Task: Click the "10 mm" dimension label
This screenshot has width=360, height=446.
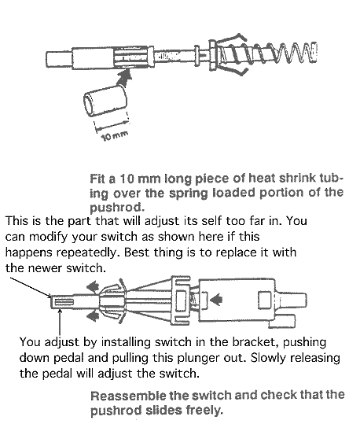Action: click(x=115, y=136)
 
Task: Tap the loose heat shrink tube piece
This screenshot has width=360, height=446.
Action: click(x=105, y=101)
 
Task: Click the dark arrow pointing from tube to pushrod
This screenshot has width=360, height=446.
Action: click(x=124, y=77)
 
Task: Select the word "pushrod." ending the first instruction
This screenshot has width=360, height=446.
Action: click(x=117, y=208)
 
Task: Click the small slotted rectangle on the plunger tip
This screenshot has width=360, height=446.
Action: click(x=64, y=302)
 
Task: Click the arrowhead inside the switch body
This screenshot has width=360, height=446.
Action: click(x=217, y=299)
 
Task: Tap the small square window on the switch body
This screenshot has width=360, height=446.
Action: click(x=265, y=300)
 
